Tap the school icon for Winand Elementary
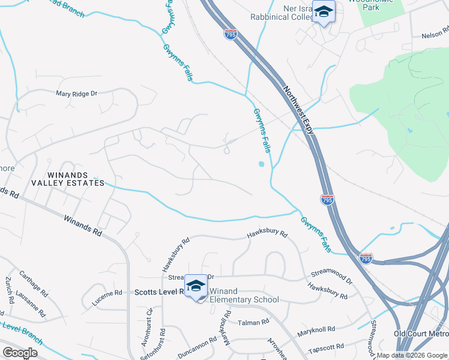(x=196, y=287)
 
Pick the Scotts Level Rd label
(x=157, y=291)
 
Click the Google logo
(x=20, y=353)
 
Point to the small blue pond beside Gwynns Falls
(x=262, y=164)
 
